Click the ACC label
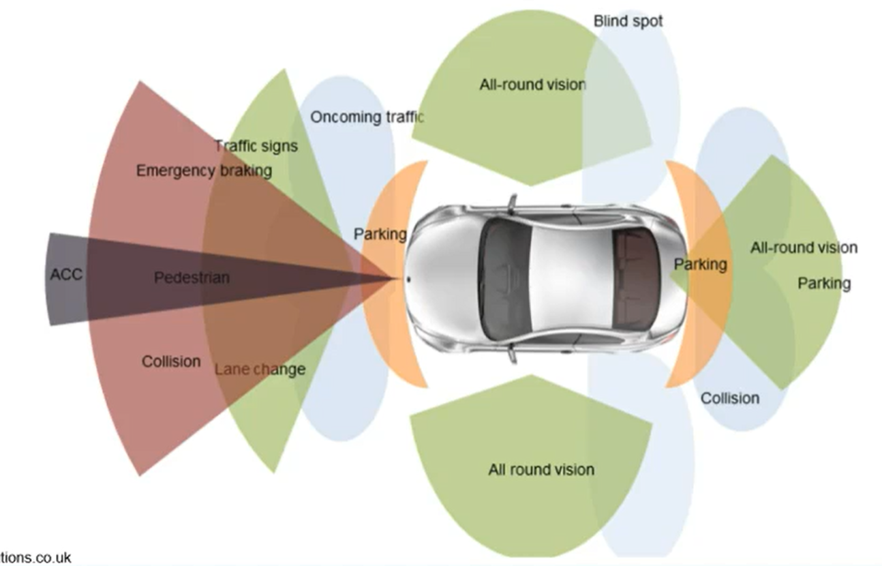66,275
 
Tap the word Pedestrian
192,278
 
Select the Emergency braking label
204,170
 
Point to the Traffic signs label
256,146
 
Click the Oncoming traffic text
367,117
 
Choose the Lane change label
260,370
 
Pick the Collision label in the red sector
171,361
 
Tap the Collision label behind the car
730,398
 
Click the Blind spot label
628,20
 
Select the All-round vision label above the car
532,85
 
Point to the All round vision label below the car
541,469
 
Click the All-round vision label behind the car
804,248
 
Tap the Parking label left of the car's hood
380,235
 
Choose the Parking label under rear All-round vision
824,282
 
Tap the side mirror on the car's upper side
511,203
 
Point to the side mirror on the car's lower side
511,354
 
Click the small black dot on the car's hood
408,279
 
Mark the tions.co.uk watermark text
35,558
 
